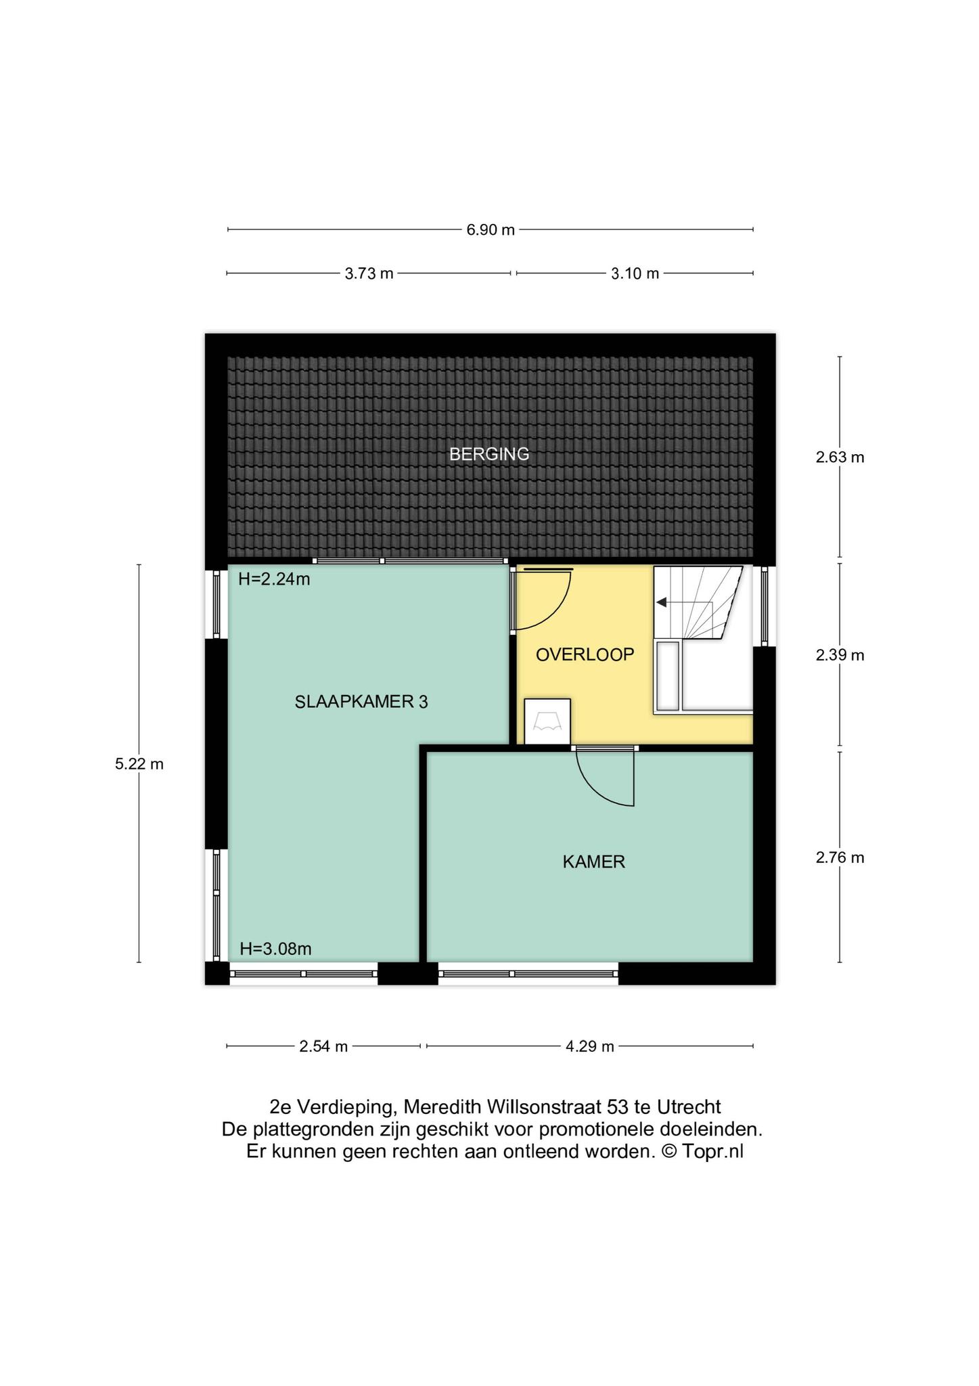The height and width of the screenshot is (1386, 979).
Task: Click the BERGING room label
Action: [x=489, y=454]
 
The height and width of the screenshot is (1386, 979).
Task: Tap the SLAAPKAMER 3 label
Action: [x=361, y=702]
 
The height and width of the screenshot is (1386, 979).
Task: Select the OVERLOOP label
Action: [x=585, y=654]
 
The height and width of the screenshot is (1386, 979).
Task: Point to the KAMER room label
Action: [x=593, y=862]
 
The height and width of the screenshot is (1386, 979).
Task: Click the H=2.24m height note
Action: [x=274, y=579]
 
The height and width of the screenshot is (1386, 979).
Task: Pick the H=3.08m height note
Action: [x=275, y=949]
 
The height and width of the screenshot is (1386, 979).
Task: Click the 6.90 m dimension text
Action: [x=491, y=230]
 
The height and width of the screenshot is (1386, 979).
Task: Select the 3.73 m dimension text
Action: [x=369, y=274]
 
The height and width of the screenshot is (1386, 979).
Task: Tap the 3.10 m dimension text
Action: [x=635, y=274]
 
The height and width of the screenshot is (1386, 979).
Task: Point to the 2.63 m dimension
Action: [x=840, y=457]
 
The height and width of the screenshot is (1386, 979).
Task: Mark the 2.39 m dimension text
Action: [x=840, y=655]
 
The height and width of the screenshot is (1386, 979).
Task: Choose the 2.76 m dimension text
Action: [x=840, y=858]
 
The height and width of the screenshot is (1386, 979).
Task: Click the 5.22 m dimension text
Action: [x=139, y=764]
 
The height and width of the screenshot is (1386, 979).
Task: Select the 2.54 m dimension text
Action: [x=323, y=1047]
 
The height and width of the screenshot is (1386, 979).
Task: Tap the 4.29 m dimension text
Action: [x=590, y=1047]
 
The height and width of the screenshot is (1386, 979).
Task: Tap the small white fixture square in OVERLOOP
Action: [x=547, y=721]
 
